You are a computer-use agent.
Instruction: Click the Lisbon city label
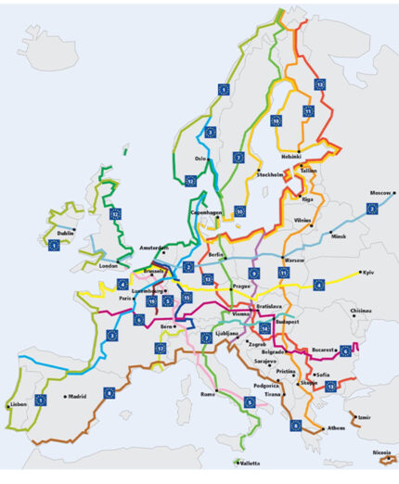(x=19, y=404)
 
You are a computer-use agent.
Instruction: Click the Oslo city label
(x=199, y=159)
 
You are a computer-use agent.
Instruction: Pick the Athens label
(x=336, y=428)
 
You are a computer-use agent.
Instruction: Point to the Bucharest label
(x=321, y=350)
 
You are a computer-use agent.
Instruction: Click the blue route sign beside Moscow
(x=372, y=209)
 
